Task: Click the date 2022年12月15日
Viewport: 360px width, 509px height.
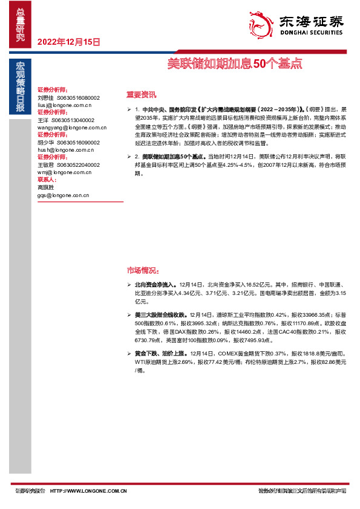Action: (x=69, y=42)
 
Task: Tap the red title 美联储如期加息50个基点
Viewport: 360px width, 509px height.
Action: (x=235, y=63)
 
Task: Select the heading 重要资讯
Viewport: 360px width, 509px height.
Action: (x=140, y=94)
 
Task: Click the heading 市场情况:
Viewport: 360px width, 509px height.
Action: (x=143, y=270)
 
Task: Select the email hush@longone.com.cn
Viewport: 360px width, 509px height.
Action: (x=65, y=150)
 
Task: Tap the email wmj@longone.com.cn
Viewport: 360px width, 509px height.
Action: (x=64, y=173)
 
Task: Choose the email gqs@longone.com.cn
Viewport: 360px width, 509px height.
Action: (x=63, y=195)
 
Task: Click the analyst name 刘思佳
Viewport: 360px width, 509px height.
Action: (x=45, y=97)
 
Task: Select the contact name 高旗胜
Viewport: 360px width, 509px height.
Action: (x=45, y=187)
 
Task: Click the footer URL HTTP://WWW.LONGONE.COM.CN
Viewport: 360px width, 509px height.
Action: (x=88, y=491)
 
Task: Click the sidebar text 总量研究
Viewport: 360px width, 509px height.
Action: (x=21, y=24)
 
